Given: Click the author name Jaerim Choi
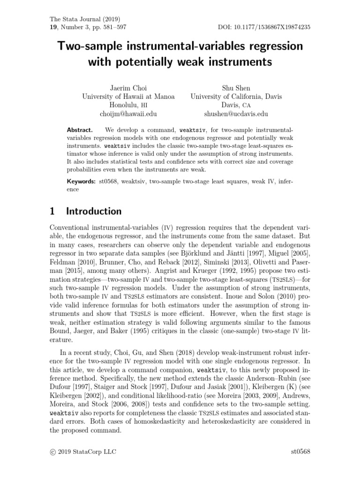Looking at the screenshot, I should [x=128, y=87].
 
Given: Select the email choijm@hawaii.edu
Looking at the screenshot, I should [x=128, y=114].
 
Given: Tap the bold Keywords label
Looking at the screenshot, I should [x=81, y=181].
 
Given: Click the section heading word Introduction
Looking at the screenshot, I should [x=94, y=211].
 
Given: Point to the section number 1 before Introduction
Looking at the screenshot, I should [x=52, y=211].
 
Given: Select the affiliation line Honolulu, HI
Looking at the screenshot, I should [x=128, y=105].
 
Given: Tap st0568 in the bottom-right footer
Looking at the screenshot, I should [x=300, y=452].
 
